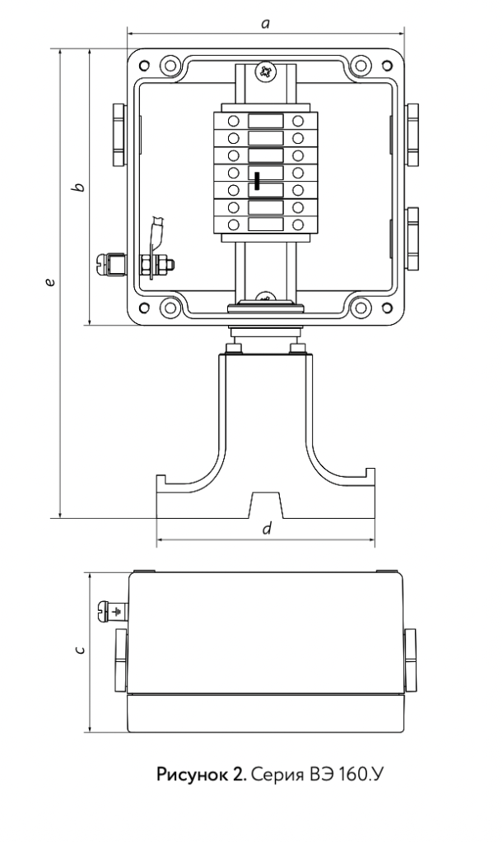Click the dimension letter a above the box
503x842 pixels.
[x=265, y=24]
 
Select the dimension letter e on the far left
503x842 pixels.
[x=50, y=282]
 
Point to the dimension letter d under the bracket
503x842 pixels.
[x=267, y=529]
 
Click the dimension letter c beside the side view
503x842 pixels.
[x=80, y=650]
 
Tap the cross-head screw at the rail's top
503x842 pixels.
[x=265, y=71]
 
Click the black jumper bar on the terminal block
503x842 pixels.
[x=258, y=181]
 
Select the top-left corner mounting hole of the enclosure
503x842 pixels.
[x=143, y=66]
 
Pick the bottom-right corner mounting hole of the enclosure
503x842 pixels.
[x=386, y=308]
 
